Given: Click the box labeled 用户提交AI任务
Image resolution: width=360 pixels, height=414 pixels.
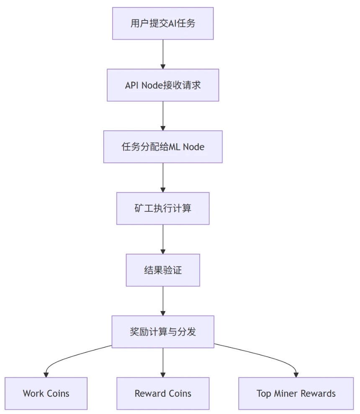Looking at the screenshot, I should pos(163,23).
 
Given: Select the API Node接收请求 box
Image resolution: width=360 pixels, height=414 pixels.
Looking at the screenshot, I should pos(163,85).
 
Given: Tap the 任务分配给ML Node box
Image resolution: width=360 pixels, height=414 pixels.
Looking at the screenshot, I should pos(163,147).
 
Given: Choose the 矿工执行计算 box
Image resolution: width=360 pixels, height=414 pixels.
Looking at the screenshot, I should pos(163,208).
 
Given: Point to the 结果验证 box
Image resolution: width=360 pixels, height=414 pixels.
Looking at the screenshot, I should pos(163,270).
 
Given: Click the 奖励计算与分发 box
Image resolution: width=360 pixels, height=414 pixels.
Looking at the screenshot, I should pos(163,332).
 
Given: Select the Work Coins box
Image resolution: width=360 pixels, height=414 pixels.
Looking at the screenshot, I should pos(46,393).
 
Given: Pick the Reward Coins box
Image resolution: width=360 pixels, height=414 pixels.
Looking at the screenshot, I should pos(163,393).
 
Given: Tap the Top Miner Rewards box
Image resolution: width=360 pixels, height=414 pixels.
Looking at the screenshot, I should pos(296,393).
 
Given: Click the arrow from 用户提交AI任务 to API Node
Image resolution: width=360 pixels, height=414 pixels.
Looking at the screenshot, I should pos(163,54).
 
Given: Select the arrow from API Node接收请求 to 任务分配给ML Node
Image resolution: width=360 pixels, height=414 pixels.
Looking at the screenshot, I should pos(163,116).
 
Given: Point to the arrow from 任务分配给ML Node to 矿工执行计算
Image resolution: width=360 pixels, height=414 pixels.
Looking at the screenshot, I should pos(163,177).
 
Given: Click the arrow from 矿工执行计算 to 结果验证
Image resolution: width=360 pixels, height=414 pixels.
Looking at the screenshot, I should pos(163,239).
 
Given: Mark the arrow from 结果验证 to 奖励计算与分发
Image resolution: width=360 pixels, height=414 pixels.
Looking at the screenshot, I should pos(163,301).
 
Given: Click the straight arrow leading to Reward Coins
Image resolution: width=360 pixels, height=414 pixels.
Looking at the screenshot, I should pos(163,363).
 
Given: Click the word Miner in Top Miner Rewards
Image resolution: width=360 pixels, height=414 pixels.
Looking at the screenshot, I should pos(285,393).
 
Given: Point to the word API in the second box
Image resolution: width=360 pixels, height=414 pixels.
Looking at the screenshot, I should pos(132,85).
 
